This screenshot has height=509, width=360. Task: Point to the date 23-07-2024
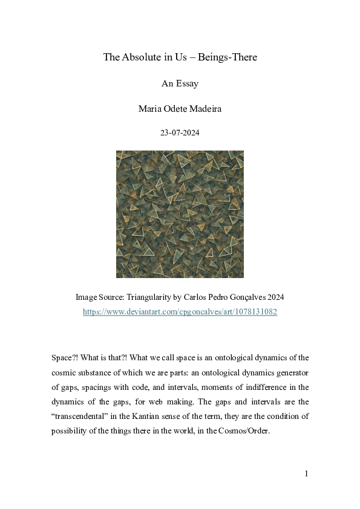(180, 134)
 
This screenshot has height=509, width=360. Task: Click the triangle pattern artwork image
(180, 214)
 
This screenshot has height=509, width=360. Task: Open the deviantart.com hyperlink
(180, 312)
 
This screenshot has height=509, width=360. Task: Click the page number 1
(306, 473)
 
